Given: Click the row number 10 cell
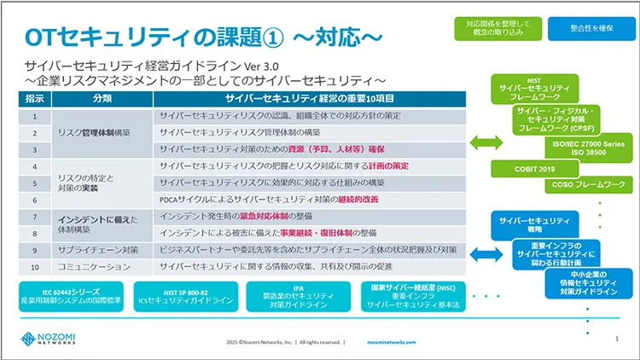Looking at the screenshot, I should pyautogui.click(x=35, y=267).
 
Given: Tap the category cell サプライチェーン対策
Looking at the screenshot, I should pyautogui.click(x=94, y=251).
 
